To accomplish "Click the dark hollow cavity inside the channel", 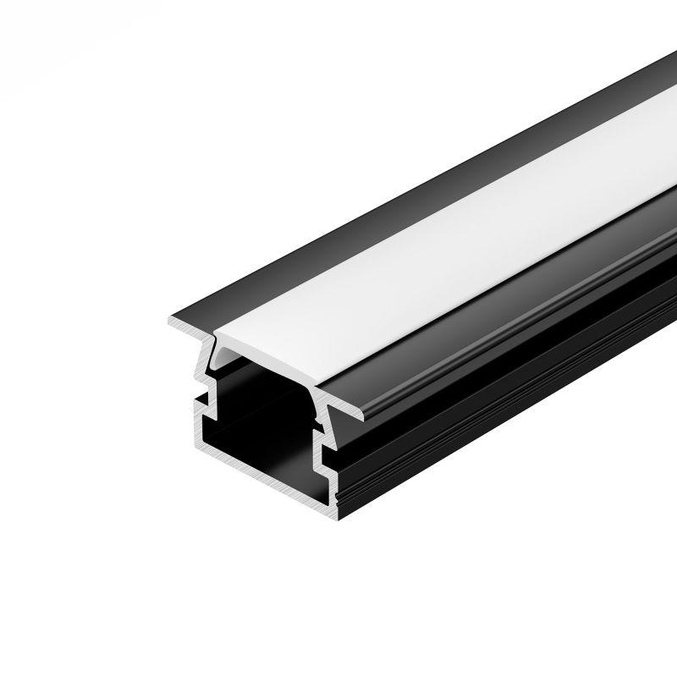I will pyautogui.click(x=262, y=398).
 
